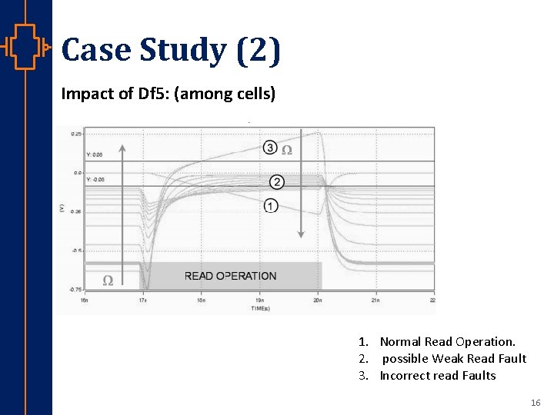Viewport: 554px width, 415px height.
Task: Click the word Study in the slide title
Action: (182, 51)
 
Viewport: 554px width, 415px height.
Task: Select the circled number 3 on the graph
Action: (269, 148)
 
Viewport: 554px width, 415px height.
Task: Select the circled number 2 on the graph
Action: (277, 182)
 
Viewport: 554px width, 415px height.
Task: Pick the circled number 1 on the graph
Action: (270, 205)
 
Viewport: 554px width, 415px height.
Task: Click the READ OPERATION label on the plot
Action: (230, 276)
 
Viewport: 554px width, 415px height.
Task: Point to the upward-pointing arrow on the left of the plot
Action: (122, 200)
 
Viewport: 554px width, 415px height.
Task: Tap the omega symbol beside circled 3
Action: (287, 150)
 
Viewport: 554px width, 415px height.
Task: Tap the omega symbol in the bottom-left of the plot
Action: (108, 281)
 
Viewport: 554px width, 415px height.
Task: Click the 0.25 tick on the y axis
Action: (76, 134)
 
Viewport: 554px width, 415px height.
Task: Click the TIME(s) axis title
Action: (260, 309)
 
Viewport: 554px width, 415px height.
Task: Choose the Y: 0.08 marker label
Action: (95, 155)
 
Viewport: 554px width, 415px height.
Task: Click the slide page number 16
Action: (536, 403)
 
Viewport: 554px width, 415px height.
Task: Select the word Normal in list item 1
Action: (400, 341)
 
